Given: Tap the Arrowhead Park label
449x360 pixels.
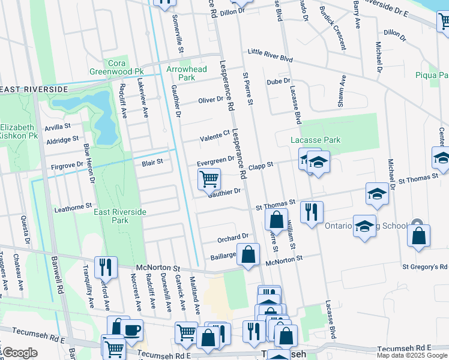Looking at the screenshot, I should pyautogui.click(x=186, y=73).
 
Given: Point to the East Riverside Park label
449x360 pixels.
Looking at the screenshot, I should pyautogui.click(x=120, y=216).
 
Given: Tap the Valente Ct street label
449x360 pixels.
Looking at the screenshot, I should pyautogui.click(x=215, y=134).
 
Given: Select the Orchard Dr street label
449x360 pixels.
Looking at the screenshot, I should pyautogui.click(x=233, y=238).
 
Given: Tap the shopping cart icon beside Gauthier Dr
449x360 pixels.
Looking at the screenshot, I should pyautogui.click(x=209, y=178).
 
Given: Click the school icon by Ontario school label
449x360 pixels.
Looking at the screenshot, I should pyautogui.click(x=364, y=226).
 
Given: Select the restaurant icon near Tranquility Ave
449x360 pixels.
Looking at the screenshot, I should pyautogui.click(x=106, y=266).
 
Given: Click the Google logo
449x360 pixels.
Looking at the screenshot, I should pyautogui.click(x=20, y=353).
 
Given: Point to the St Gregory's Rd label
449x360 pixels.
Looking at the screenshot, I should pyautogui.click(x=425, y=266).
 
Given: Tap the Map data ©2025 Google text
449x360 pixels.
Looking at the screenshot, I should pyautogui.click(x=412, y=355).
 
